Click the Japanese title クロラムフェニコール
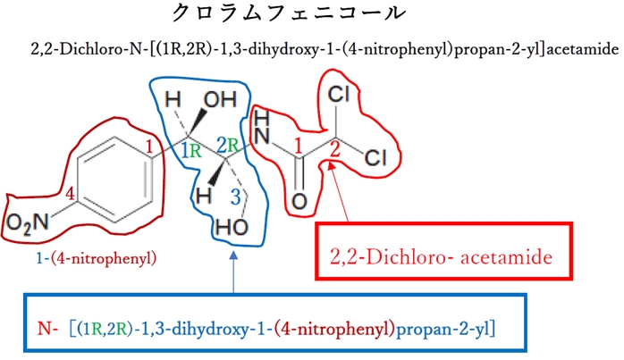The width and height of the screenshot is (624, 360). (310, 15)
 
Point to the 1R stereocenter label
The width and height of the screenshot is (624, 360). (190, 150)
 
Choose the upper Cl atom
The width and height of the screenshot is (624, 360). (339, 94)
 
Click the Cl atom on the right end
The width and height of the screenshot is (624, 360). (376, 159)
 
